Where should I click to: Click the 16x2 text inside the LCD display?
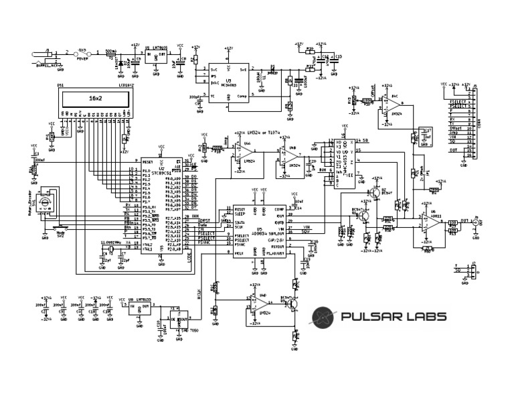pyautogui.click(x=96, y=98)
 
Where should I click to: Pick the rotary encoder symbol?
pyautogui.click(x=46, y=205)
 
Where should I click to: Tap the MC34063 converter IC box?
pyautogui.click(x=230, y=84)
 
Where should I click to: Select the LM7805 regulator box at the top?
pyautogui.click(x=156, y=56)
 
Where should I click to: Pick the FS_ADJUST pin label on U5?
pyautogui.click(x=276, y=254)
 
